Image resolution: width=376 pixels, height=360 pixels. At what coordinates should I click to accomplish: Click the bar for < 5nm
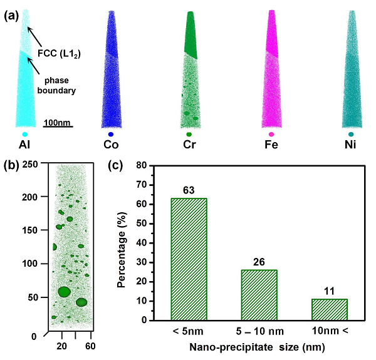[189, 259]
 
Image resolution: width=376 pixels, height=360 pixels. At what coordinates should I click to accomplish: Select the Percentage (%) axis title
[124, 244]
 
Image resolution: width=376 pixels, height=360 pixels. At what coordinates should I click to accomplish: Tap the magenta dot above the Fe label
[271, 135]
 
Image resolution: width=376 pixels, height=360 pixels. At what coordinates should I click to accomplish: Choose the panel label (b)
[11, 167]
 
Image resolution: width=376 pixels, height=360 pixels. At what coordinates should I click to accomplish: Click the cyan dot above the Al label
[24, 135]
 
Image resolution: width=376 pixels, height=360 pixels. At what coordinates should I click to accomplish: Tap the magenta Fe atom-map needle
[271, 69]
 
